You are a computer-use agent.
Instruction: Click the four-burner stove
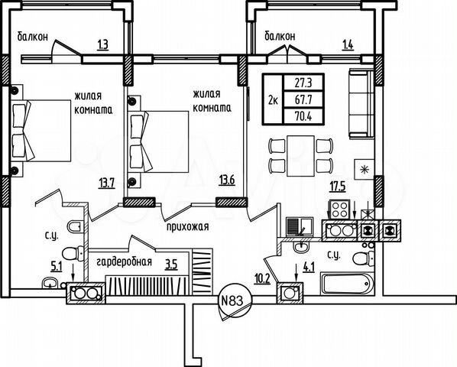coord(339,208)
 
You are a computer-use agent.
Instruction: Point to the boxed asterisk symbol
coord(365,170)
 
